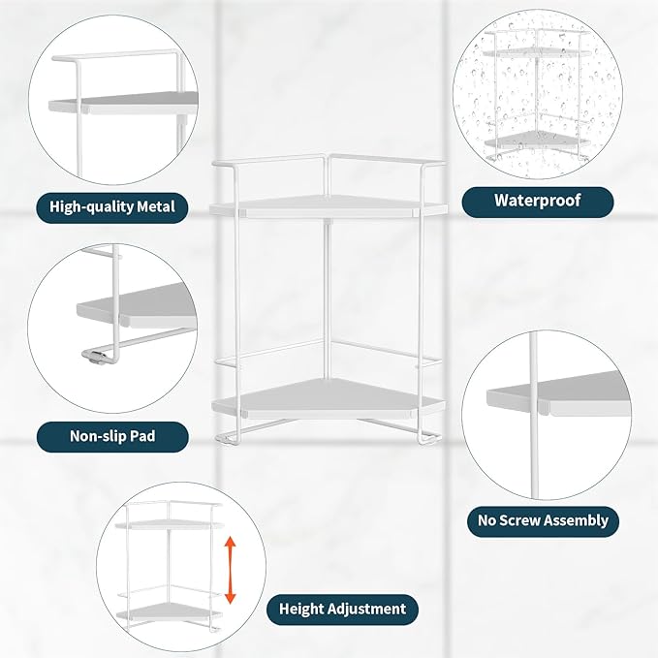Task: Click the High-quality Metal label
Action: tap(112, 205)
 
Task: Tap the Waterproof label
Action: tap(537, 201)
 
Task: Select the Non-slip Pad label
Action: tap(112, 436)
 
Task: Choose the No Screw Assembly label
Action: tap(543, 520)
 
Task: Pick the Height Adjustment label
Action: tap(342, 609)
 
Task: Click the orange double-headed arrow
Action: tap(230, 571)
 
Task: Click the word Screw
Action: tap(529, 520)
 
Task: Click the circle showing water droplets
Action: tap(537, 94)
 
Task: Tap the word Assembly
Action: tap(580, 520)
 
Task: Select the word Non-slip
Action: tap(98, 436)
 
